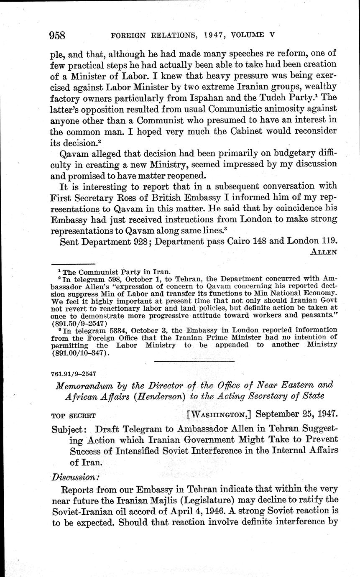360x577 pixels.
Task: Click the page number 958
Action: pyautogui.click(x=57, y=35)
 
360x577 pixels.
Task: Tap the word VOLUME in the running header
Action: pyautogui.click(x=245, y=35)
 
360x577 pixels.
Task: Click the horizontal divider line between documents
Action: pyautogui.click(x=194, y=360)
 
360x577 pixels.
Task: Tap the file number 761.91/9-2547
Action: pyautogui.click(x=74, y=373)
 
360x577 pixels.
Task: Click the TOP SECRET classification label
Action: pyautogui.click(x=74, y=416)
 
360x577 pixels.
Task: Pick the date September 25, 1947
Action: pyautogui.click(x=296, y=415)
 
